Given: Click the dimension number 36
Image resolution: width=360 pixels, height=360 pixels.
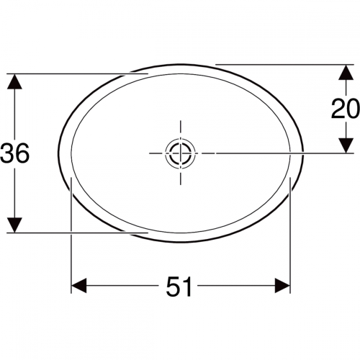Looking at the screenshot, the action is point(15,153).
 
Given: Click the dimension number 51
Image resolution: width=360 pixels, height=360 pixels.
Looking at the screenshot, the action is point(179,287).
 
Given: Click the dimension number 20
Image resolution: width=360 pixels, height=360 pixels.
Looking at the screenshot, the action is point(346,109).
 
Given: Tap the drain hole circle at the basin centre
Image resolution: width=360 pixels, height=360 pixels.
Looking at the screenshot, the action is point(180,153).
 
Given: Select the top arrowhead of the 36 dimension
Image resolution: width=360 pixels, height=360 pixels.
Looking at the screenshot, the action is point(14,81).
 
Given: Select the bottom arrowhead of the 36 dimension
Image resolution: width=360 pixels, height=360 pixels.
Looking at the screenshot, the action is point(14,225).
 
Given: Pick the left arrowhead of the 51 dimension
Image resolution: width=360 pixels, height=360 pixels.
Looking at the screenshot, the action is point(79,286).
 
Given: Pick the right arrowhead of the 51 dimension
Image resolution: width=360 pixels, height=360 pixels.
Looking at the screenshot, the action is point(282,286).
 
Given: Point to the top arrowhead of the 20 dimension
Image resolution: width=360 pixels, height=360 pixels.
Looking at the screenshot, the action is point(346,73).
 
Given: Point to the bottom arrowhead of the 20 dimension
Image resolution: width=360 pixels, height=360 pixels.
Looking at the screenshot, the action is point(346,145).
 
